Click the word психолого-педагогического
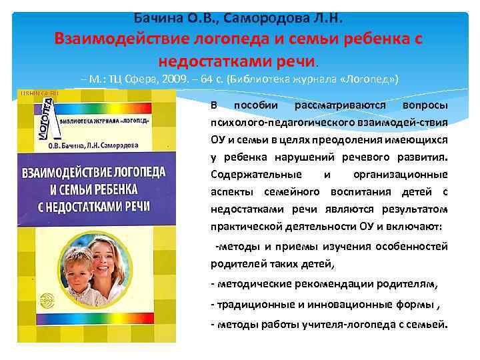point(277,123)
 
